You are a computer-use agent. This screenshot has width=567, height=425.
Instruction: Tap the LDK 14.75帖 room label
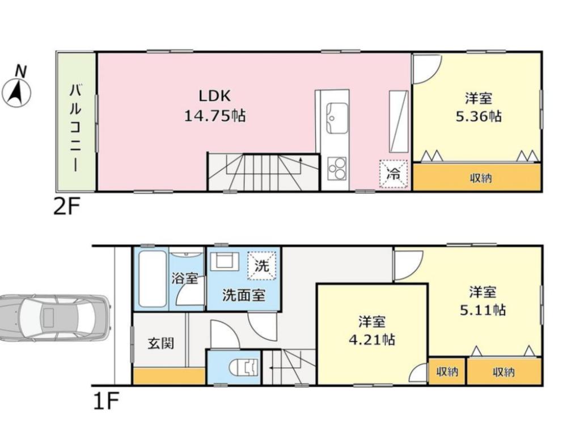(215, 106)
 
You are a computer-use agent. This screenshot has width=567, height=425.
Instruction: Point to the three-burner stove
(337, 169)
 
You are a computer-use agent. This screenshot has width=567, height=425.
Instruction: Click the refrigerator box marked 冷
(393, 174)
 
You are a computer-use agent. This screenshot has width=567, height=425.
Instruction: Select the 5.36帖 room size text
(479, 116)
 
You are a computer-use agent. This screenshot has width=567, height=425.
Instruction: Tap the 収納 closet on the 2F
(477, 177)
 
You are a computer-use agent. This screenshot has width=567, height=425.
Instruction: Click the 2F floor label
(66, 208)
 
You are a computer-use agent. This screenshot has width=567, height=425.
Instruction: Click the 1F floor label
(106, 401)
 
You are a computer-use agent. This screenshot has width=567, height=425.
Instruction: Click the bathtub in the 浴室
(153, 279)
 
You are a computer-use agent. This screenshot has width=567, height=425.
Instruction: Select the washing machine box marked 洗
(261, 266)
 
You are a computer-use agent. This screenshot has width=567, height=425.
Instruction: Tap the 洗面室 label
(244, 296)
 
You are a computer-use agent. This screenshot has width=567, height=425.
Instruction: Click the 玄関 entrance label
(161, 343)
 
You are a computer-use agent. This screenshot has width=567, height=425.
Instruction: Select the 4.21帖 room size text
(372, 339)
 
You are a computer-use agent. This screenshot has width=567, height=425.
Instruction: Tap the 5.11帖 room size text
(483, 310)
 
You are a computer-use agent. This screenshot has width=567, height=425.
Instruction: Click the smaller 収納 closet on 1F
(447, 372)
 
